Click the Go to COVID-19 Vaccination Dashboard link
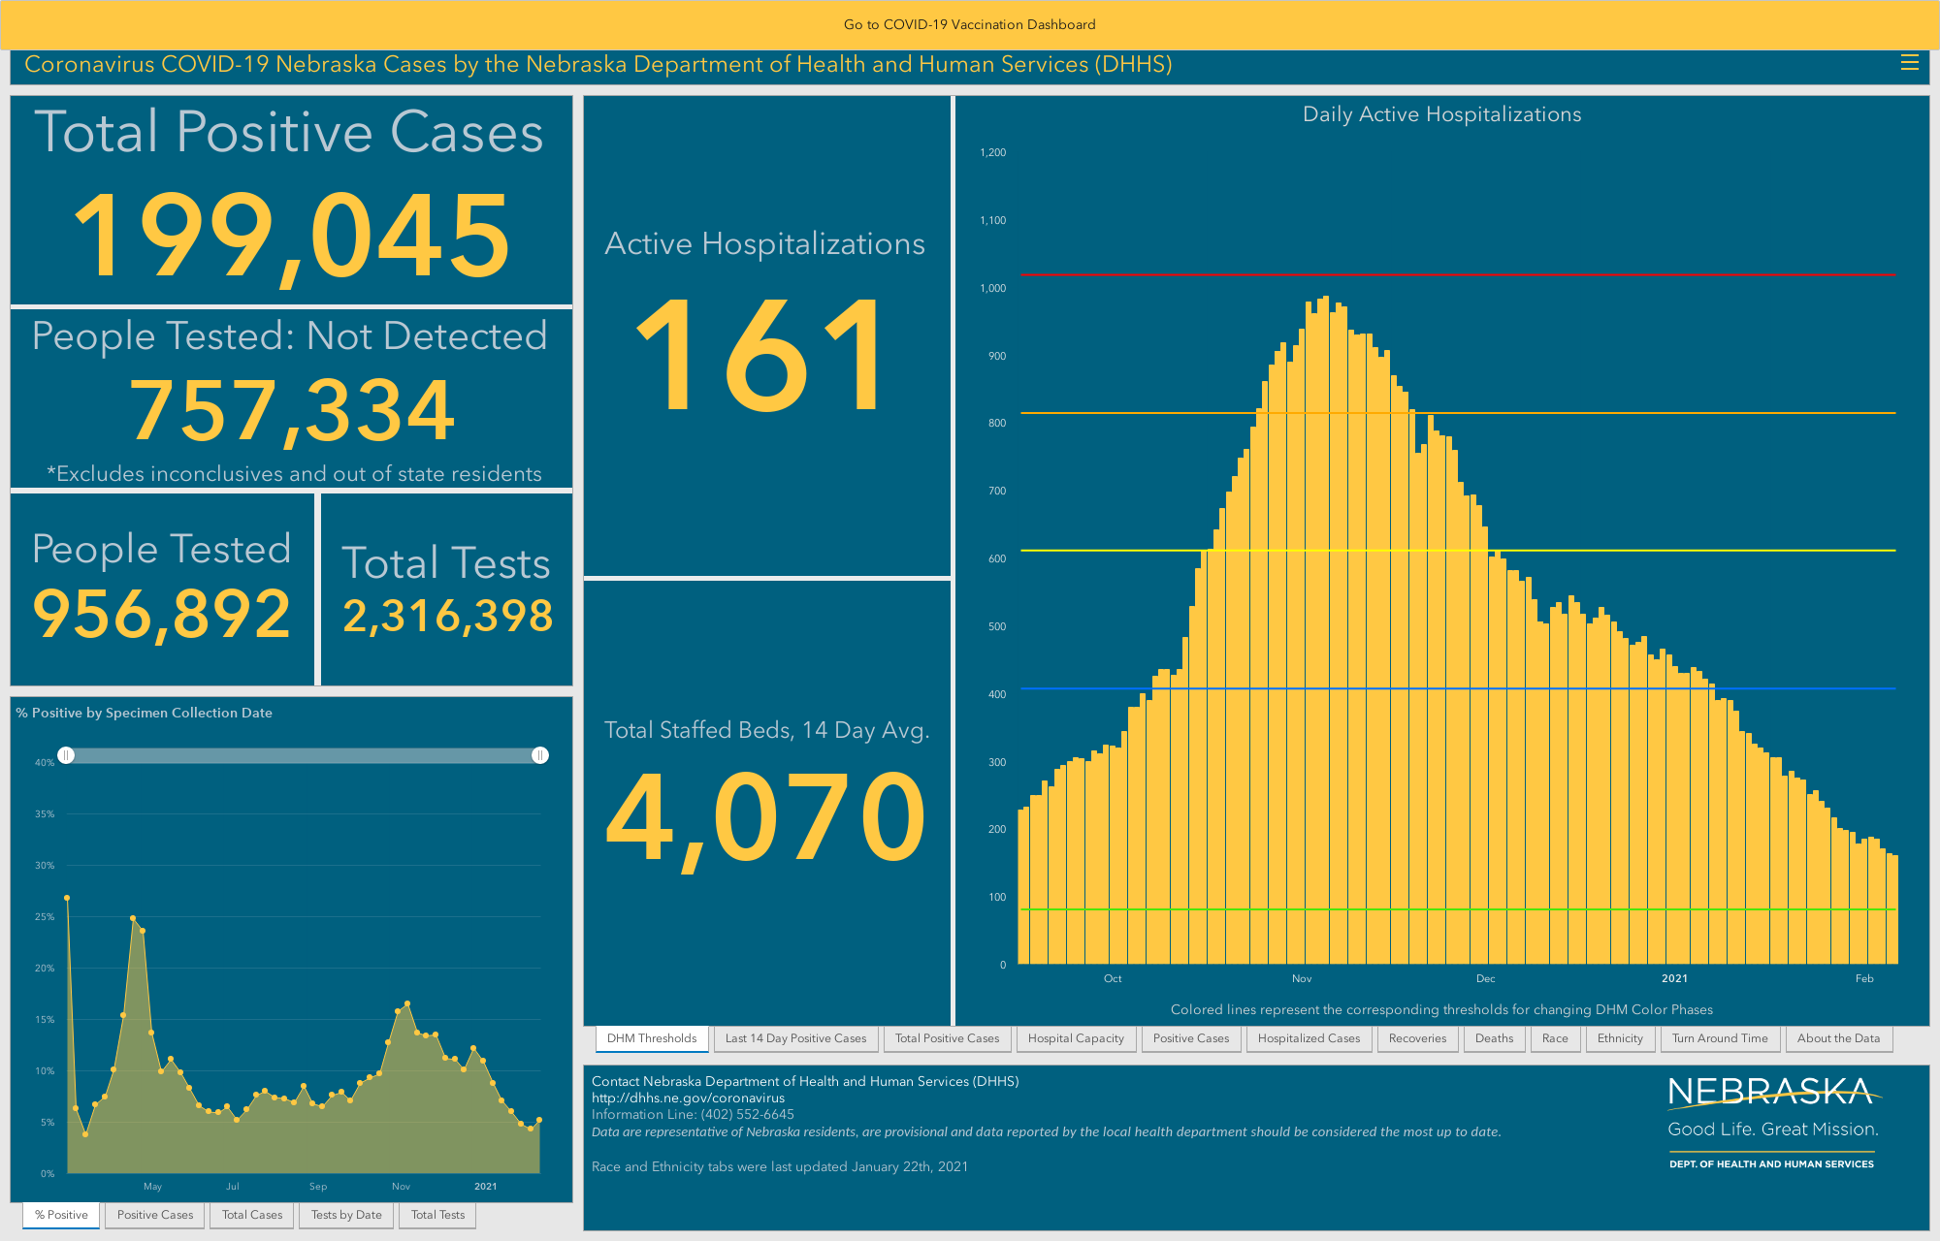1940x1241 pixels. pyautogui.click(x=969, y=24)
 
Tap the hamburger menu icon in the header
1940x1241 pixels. pyautogui.click(x=1909, y=63)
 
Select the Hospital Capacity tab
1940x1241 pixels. pyautogui.click(x=1076, y=1038)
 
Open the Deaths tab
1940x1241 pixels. pyautogui.click(x=1494, y=1038)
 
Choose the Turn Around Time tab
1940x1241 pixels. pyautogui.click(x=1720, y=1038)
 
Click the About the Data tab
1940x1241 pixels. pyautogui.click(x=1838, y=1038)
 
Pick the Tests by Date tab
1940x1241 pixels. pyautogui.click(x=346, y=1215)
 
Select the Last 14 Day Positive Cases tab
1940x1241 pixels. pyautogui.click(x=795, y=1038)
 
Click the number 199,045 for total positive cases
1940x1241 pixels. pyautogui.click(x=291, y=236)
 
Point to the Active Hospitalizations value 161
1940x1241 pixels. pyautogui.click(x=762, y=355)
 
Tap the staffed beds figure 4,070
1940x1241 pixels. pyautogui.click(x=766, y=816)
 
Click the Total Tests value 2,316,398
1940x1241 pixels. pyautogui.click(x=447, y=616)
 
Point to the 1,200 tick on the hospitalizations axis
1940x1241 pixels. pyautogui.click(x=993, y=152)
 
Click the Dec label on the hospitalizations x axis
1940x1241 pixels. pyautogui.click(x=1485, y=978)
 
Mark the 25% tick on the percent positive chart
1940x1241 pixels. pyautogui.click(x=45, y=916)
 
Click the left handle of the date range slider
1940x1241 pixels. pyautogui.click(x=66, y=755)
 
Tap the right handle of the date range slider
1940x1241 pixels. pyautogui.click(x=540, y=755)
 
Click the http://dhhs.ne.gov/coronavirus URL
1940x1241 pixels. pyautogui.click(x=688, y=1098)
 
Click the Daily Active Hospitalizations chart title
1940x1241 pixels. pyautogui.click(x=1441, y=114)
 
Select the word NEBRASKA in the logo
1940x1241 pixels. pyautogui.click(x=1771, y=1093)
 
